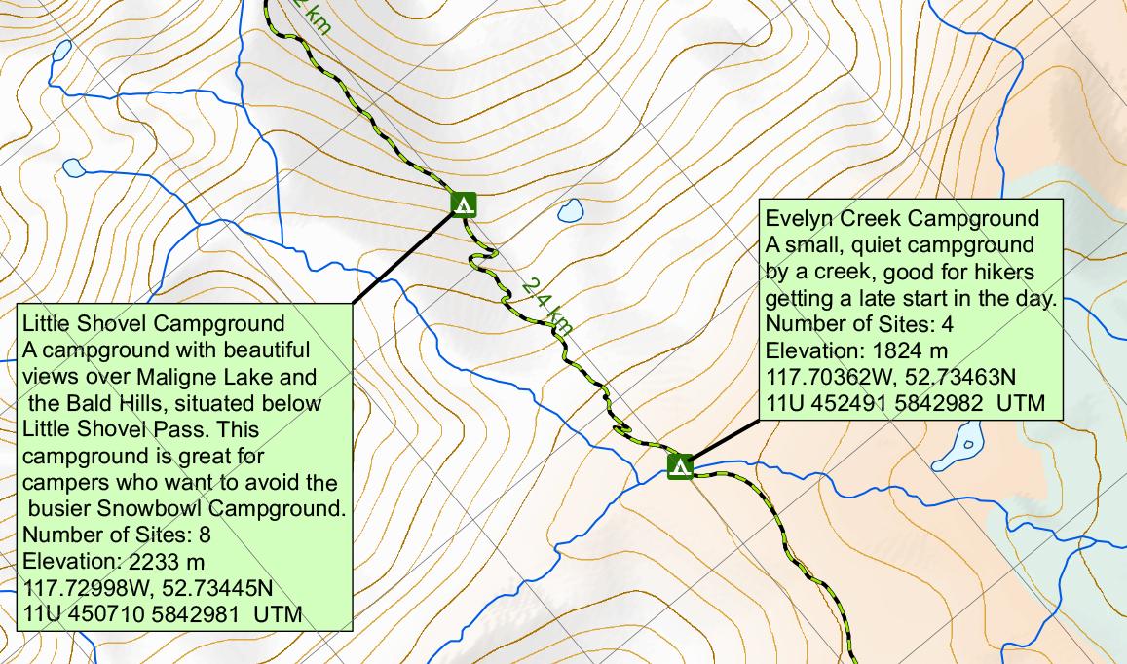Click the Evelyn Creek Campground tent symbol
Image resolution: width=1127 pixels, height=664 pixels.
[680, 466]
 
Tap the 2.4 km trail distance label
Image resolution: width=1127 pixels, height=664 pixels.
[545, 305]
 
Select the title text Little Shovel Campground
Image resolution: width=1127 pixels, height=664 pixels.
[153, 323]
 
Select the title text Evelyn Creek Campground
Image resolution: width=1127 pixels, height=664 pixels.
[903, 218]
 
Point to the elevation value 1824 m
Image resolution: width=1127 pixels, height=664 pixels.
[897, 350]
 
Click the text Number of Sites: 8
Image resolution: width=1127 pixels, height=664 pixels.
[116, 535]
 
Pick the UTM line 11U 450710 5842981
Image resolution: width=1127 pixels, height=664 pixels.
[162, 614]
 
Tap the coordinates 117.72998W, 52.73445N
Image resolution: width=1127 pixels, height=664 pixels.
[147, 588]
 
